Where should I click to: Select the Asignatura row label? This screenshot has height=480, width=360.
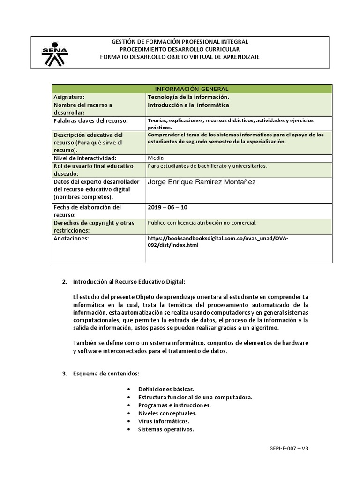(x=69, y=97)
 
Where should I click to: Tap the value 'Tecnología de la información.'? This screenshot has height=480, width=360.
(x=188, y=97)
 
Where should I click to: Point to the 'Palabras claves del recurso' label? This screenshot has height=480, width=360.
(x=90, y=121)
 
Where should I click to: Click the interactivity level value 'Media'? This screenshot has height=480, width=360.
(x=156, y=158)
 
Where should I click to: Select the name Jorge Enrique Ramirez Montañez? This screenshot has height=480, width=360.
(x=202, y=182)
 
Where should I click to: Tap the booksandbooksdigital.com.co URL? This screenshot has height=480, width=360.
(x=218, y=241)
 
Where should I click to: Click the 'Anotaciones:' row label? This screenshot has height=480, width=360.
(x=71, y=239)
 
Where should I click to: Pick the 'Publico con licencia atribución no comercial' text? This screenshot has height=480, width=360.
(x=202, y=223)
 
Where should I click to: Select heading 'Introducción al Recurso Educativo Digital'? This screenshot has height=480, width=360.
(x=129, y=281)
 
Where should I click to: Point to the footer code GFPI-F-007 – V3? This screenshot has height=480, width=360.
(x=286, y=448)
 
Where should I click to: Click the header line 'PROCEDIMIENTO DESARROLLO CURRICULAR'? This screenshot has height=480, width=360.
(x=180, y=49)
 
